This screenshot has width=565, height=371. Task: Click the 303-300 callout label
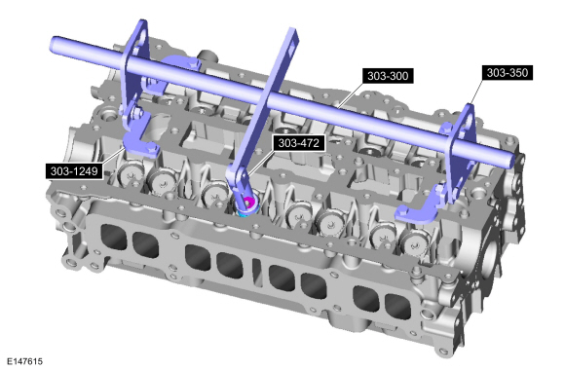tap(388, 76)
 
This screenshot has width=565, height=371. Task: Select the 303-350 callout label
tap(508, 72)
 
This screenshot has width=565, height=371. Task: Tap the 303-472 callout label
tap(299, 143)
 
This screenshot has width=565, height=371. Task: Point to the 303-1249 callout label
tap(74, 170)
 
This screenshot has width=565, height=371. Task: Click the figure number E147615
tap(24, 361)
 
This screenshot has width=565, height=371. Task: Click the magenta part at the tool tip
tap(248, 203)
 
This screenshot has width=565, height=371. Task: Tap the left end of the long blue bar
tap(54, 43)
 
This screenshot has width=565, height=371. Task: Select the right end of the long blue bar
tap(510, 159)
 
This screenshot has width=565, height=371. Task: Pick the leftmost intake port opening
tap(113, 238)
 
